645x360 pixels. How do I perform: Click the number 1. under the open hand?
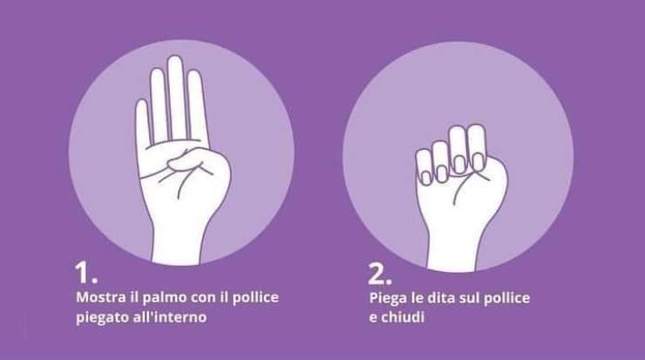pos(86,272)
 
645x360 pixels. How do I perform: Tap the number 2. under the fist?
pos(380,274)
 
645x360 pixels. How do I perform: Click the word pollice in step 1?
pos(255,298)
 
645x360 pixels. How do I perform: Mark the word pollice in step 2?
pos(506,298)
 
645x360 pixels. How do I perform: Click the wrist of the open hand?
pos(177,242)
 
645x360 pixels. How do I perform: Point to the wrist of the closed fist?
pos(452,251)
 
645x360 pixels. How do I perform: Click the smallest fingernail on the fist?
pos(425,177)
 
